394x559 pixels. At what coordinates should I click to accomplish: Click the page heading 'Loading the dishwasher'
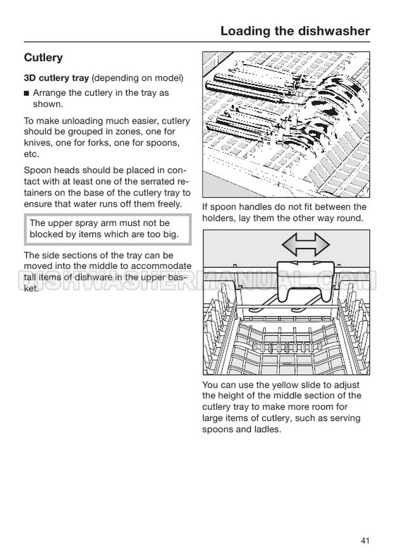(295, 30)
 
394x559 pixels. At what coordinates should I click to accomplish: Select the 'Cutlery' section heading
(43, 58)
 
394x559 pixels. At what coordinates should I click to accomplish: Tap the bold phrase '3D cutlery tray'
(57, 78)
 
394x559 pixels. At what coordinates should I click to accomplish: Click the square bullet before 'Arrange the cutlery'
(27, 93)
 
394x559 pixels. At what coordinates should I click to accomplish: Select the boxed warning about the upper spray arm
(107, 229)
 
